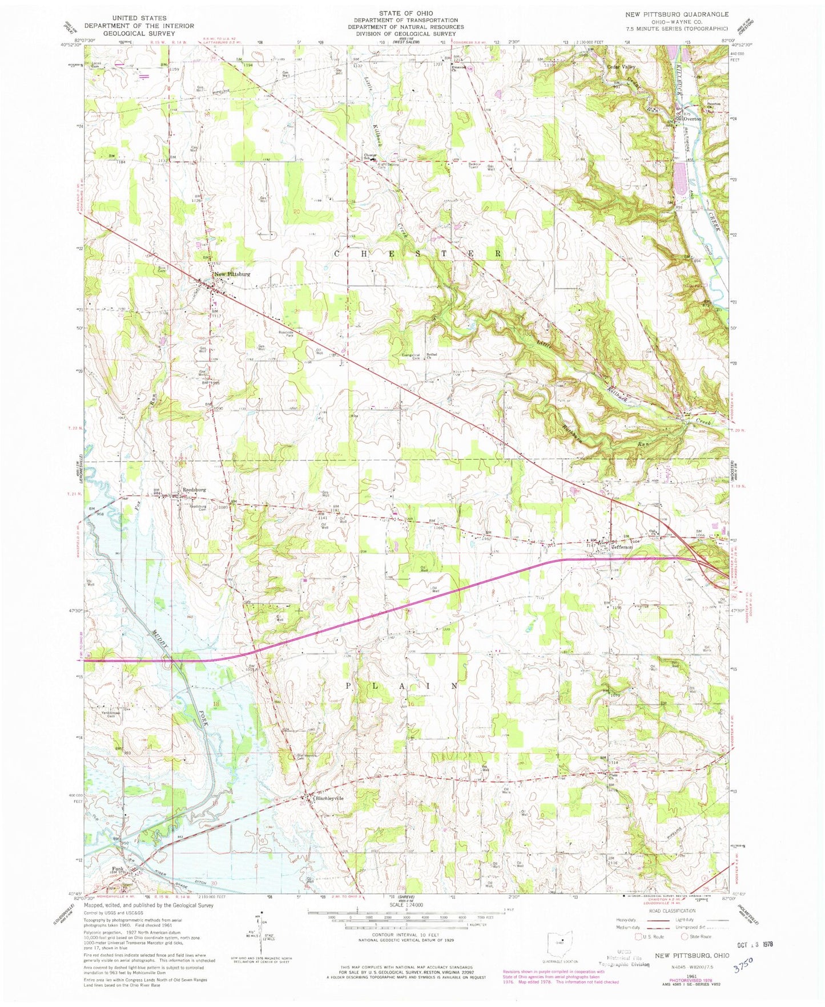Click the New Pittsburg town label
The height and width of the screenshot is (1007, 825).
pos(231,274)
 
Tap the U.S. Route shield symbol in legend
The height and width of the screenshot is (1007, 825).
pos(639,936)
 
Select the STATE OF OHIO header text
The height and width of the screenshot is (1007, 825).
pos(406,13)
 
